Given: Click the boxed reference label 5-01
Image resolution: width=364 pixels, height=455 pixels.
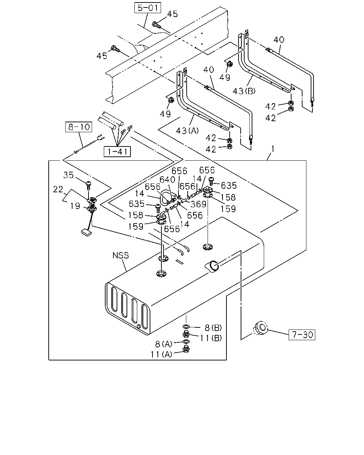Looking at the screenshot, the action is (x=148, y=8).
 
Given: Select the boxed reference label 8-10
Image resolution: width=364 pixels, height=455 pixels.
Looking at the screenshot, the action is (x=79, y=127).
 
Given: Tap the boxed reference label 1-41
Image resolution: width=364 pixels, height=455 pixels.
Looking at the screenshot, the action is (x=117, y=151).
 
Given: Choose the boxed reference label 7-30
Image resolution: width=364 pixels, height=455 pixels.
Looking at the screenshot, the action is (x=302, y=335).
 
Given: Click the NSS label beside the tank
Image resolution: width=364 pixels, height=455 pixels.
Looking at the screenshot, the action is (x=121, y=255).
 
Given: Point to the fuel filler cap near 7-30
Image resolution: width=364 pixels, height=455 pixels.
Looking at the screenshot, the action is (x=260, y=328).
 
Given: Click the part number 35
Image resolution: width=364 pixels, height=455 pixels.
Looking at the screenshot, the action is (x=68, y=175).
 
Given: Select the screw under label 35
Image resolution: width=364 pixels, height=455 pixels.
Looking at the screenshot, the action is (x=89, y=186).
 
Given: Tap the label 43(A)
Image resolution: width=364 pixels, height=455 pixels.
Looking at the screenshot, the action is (x=187, y=131).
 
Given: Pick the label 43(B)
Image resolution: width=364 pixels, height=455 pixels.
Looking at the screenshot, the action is (x=244, y=91).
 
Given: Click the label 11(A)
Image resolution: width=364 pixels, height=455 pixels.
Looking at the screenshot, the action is (x=161, y=354).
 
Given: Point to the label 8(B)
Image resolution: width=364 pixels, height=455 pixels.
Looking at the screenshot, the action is (x=213, y=328).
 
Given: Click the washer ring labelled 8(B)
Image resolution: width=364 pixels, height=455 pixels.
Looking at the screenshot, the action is (x=186, y=327).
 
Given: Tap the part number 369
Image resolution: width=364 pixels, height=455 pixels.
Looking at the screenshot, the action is (x=198, y=204).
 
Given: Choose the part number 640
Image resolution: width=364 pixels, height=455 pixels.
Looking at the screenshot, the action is (x=167, y=180).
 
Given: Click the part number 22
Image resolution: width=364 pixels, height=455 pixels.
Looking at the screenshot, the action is (x=58, y=189).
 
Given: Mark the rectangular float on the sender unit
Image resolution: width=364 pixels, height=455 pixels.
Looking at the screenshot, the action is (x=86, y=232).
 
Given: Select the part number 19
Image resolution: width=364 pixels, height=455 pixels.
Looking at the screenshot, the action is (x=75, y=206).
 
